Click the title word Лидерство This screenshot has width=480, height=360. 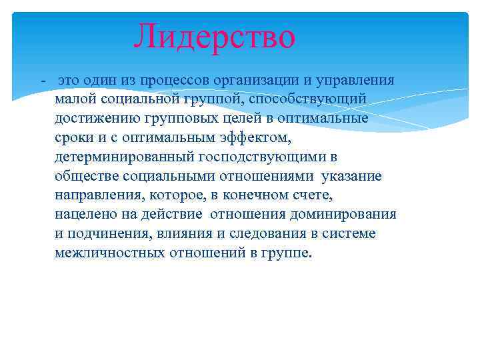point(214,37)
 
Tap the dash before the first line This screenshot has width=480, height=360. point(43,80)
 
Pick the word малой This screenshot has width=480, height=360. point(75,99)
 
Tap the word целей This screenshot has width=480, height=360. point(224,119)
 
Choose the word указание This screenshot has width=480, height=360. point(351,177)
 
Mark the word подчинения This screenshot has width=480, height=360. point(105,235)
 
